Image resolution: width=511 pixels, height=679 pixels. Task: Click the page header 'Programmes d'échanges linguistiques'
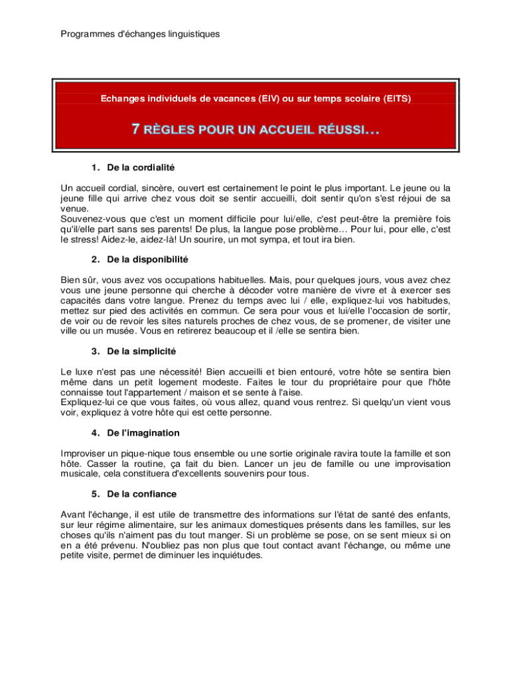tap(140, 33)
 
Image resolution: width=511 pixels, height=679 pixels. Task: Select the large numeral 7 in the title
tap(136, 129)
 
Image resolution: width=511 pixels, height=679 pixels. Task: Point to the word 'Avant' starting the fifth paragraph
tap(72, 515)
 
